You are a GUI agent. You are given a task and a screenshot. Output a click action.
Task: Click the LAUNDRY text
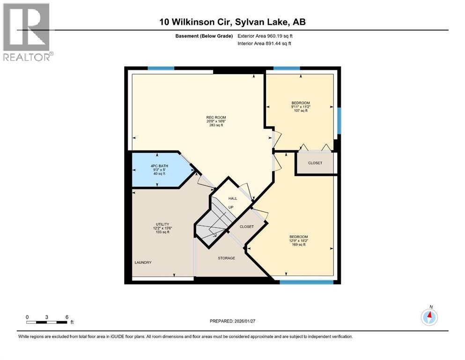click(143, 262)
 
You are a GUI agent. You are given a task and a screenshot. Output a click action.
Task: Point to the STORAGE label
click(226, 258)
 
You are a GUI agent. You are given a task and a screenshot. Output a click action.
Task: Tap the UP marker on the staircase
click(231, 207)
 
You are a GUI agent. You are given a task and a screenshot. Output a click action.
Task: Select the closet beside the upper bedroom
click(315, 163)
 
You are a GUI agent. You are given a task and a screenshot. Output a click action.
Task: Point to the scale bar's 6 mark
click(67, 317)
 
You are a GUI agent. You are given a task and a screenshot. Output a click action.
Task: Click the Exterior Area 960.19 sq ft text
click(265, 36)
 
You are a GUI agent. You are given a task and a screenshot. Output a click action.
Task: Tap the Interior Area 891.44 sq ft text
click(264, 43)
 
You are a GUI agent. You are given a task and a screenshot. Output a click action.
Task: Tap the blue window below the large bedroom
click(306, 282)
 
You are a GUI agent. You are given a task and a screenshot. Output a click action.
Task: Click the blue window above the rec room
click(161, 68)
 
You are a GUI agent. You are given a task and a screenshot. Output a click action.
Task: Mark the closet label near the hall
click(246, 226)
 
